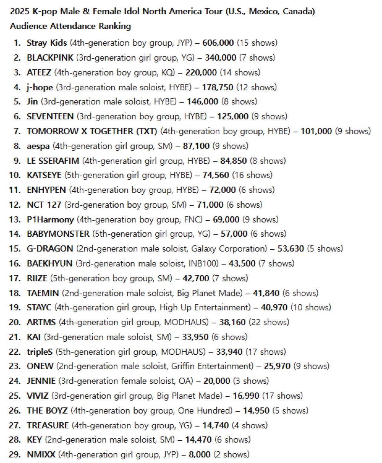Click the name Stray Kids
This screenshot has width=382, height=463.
47,43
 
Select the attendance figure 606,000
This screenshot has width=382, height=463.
218,43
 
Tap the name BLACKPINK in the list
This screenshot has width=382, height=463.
50,58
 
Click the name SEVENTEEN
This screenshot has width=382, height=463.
50,117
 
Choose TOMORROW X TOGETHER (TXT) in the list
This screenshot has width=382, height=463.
92,131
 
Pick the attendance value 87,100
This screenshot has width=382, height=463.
196,146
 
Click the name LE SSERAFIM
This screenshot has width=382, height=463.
53,161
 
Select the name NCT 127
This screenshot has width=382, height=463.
44,205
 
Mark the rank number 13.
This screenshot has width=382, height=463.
15,220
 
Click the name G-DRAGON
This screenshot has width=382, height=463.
50,249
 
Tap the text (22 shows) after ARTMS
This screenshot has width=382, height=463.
269,322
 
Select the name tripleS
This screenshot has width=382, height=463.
40,352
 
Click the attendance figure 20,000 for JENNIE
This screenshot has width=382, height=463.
216,381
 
